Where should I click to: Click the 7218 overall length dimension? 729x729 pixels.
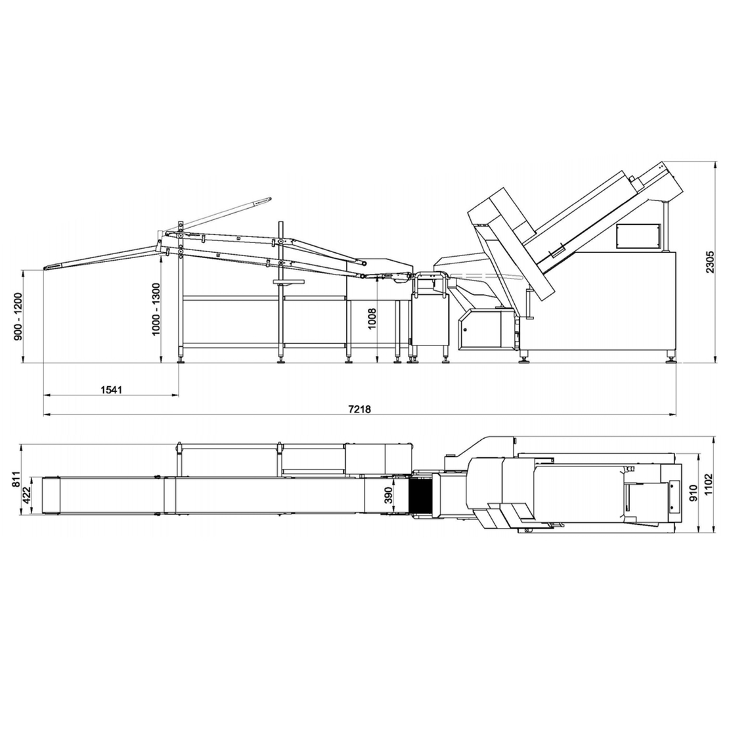[x=359, y=409]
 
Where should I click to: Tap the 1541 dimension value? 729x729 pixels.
[x=111, y=389]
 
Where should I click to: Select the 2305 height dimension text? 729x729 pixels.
[x=710, y=261]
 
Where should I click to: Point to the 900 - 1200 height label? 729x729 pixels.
[x=18, y=316]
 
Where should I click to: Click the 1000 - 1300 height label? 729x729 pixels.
[x=156, y=309]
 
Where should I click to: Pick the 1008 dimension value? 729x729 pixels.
[x=372, y=319]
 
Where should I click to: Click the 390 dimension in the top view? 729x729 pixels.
[x=389, y=496]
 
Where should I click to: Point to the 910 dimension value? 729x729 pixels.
[x=693, y=493]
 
